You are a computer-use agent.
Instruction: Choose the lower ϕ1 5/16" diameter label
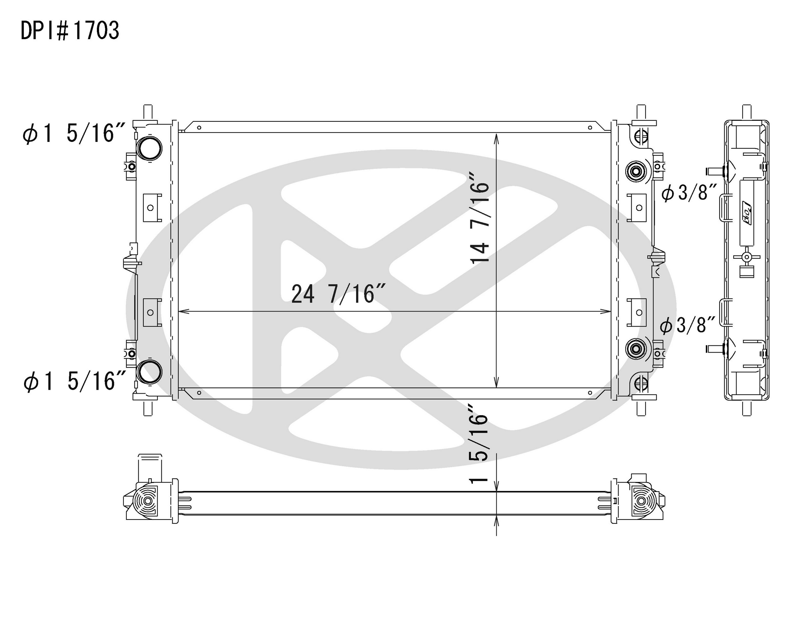75,381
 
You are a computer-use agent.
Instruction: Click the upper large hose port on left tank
149,148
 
